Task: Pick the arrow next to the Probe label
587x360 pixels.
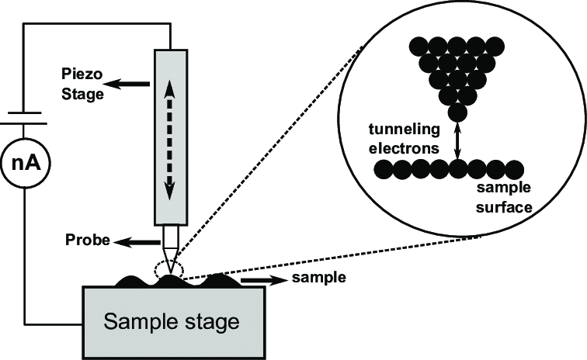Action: (133, 242)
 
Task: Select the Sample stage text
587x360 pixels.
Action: (172, 320)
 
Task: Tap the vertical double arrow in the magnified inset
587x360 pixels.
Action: (459, 140)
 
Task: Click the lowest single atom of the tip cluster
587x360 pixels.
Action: (459, 112)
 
